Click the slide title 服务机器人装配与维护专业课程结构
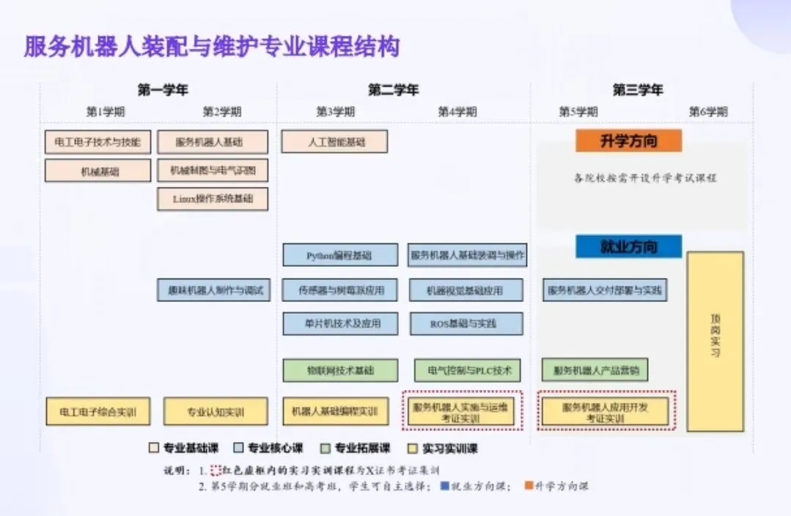coord(213,48)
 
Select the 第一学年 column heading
coord(163,90)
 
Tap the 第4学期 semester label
coord(457,112)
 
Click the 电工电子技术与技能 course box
coord(98,141)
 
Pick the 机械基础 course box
coord(98,171)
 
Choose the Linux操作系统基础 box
coord(213,199)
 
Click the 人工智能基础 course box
coord(334,141)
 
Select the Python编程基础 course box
coord(340,255)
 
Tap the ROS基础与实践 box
coord(466,323)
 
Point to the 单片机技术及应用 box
coord(340,323)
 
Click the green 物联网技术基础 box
coord(340,370)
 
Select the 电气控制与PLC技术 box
coord(467,370)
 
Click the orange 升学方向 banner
coord(628,141)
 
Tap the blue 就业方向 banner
coord(628,246)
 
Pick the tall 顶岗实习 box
coord(715,341)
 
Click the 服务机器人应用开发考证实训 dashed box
coord(606,411)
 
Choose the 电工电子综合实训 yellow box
coord(98,411)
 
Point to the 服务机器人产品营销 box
coord(595,370)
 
